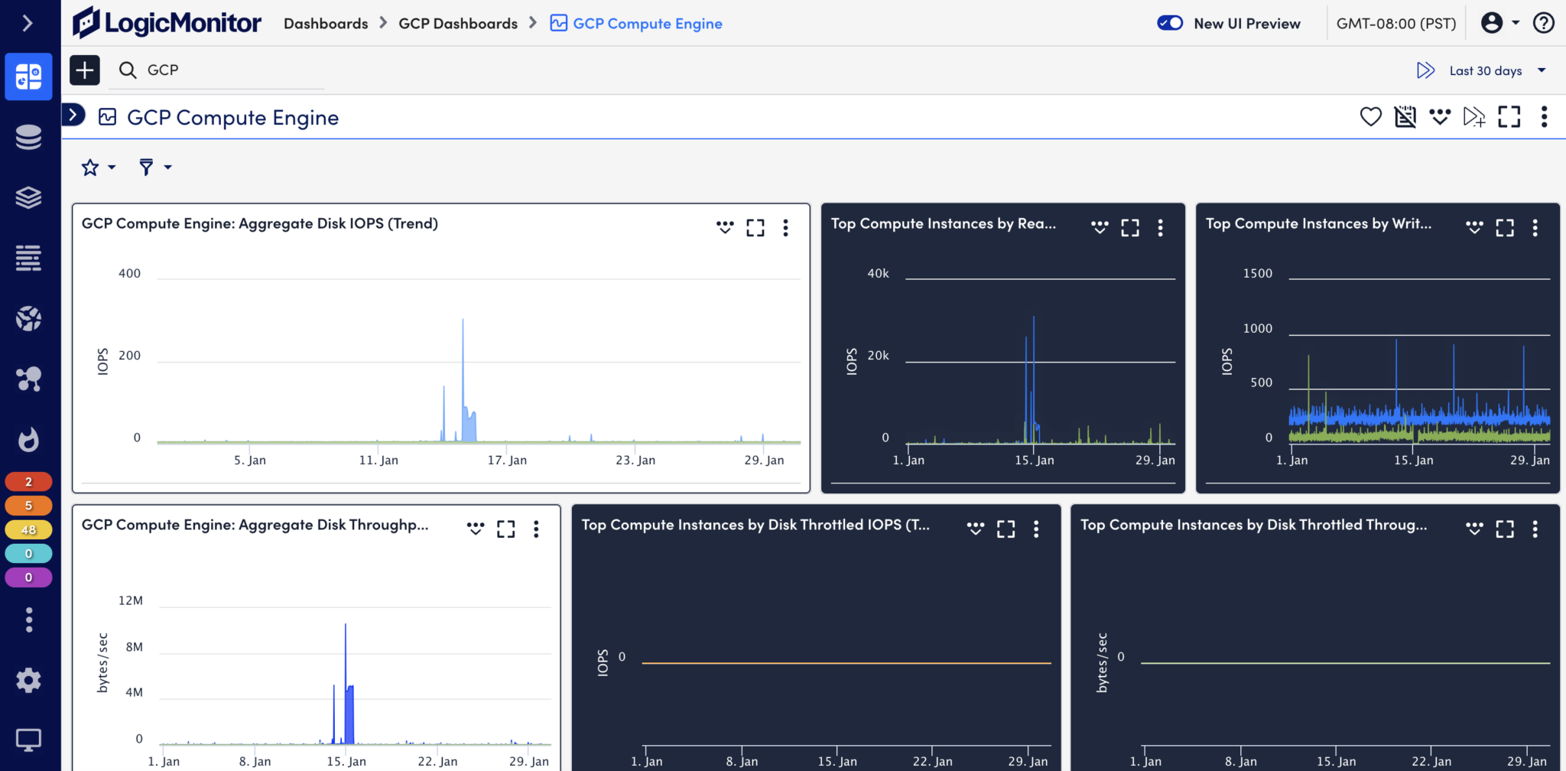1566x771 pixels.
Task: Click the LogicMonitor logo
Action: coord(167,23)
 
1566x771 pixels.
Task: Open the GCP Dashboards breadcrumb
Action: coord(458,24)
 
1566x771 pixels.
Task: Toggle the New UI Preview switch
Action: coord(1170,23)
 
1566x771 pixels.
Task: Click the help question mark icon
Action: coord(1543,23)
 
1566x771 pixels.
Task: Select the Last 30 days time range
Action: coord(1485,70)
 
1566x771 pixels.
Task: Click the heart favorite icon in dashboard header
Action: coord(1370,116)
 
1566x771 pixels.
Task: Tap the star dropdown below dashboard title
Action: coord(99,167)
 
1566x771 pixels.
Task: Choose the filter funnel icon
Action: coord(146,167)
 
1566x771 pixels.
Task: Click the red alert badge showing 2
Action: coord(28,481)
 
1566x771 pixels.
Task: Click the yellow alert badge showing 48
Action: coord(28,529)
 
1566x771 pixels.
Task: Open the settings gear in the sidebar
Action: coord(28,680)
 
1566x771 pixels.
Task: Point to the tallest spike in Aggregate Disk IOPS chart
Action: coord(463,321)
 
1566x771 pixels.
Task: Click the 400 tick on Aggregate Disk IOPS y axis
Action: coord(129,273)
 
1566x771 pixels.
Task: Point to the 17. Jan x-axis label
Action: coord(507,460)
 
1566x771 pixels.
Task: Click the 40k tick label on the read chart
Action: coord(878,273)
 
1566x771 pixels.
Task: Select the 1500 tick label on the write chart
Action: coord(1257,273)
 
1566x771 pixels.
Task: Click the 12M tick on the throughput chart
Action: coord(131,600)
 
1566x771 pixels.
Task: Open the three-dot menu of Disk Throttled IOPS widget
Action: coord(1036,529)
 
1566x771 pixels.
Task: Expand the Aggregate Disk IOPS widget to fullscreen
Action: coord(755,227)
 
